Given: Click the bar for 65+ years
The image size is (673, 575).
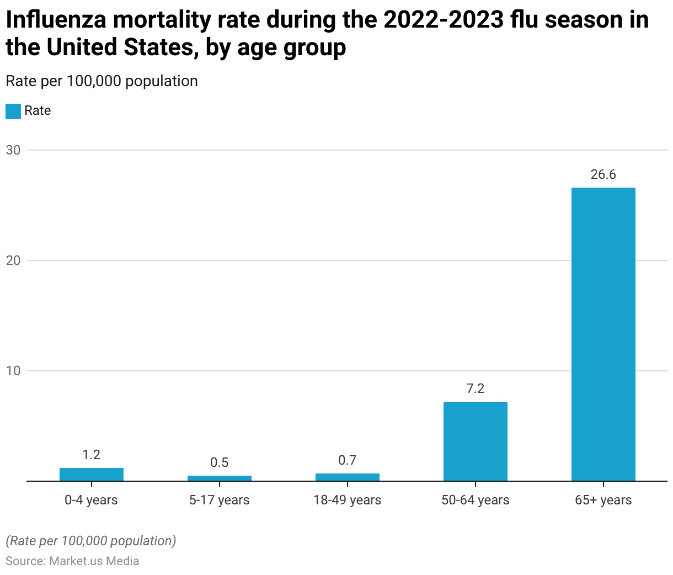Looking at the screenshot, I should point(603,334).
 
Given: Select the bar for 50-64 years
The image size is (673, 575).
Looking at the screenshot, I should point(475,441).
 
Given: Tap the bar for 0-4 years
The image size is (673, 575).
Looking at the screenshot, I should point(91,475).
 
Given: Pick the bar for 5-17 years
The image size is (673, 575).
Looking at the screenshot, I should point(219,478).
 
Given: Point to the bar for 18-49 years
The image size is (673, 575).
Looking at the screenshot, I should point(347,477).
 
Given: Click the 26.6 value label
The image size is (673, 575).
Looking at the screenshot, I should point(603,175).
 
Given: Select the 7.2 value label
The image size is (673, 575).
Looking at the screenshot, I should point(475,388).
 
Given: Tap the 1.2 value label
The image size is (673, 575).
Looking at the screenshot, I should point(91,455).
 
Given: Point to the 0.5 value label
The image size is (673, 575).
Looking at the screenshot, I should point(219,462).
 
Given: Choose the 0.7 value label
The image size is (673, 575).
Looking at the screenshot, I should point(347,460).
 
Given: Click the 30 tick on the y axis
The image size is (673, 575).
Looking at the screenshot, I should point(13,150).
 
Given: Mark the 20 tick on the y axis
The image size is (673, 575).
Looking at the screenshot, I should point(13,260).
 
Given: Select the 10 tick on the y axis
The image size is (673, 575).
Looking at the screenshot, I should point(13,371).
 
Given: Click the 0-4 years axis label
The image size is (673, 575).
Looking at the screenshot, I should point(91,500).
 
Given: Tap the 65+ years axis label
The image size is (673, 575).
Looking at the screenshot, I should point(603,500).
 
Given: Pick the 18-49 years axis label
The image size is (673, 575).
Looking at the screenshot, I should point(347,500).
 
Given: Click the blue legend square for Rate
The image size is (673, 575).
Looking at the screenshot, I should point(13,111).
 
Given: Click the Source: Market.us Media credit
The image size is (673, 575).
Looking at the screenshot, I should point(72,561).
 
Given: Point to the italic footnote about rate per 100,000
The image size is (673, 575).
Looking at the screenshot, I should point(91,541).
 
